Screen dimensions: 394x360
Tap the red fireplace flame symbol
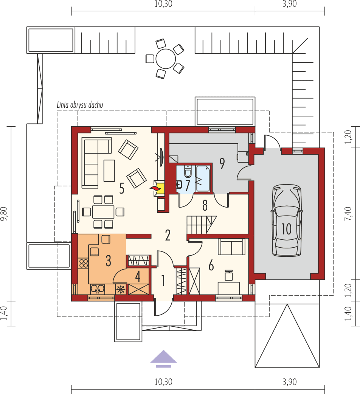[x=155, y=188]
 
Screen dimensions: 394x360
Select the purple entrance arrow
[x=163, y=358]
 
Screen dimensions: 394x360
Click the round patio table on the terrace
[x=165, y=59]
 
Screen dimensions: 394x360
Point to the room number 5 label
[x=121, y=188]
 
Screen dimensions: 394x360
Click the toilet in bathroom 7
[x=188, y=172]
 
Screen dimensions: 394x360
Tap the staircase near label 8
[x=201, y=225]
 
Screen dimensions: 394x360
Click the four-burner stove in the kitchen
[x=83, y=263]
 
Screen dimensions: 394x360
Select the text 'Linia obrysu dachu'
[x=80, y=105]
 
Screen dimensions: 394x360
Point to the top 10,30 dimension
[x=163, y=5]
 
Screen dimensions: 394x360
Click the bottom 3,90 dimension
[x=289, y=382]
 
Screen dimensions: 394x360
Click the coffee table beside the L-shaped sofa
[x=109, y=171]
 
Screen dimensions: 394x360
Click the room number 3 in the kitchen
[x=108, y=260]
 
